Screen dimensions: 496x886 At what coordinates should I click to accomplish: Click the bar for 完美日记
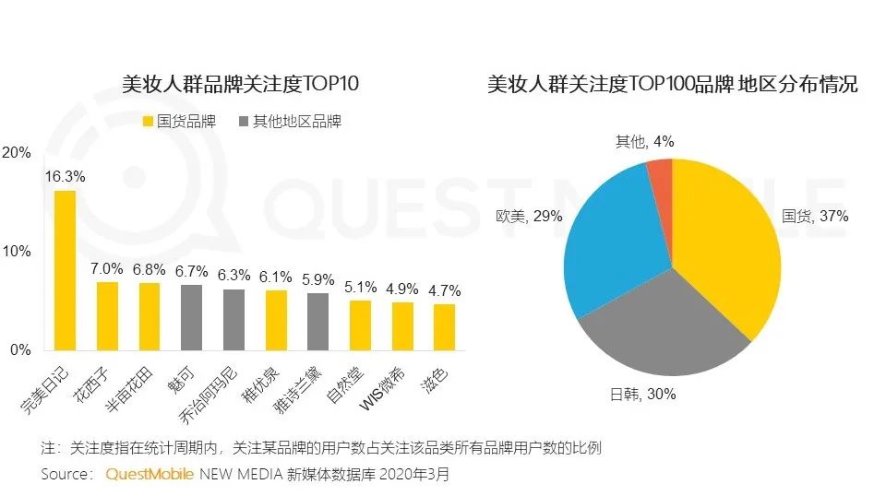click(x=65, y=270)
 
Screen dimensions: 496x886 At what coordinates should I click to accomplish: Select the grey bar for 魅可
click(x=191, y=317)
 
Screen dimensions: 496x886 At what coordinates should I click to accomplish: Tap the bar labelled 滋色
click(x=445, y=326)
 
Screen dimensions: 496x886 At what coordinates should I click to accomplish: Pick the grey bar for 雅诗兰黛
click(x=318, y=321)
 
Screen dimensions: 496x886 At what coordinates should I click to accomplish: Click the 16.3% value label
click(x=65, y=176)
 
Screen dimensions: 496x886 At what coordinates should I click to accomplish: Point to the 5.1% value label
click(x=360, y=286)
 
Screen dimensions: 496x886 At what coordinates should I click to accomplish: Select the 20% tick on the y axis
click(x=18, y=153)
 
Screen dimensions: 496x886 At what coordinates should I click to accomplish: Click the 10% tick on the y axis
click(x=18, y=252)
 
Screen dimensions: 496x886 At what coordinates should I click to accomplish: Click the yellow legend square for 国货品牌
click(x=149, y=122)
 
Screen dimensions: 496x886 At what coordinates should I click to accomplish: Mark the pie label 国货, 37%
click(x=815, y=217)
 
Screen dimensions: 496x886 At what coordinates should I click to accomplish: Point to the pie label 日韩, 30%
click(x=645, y=394)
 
